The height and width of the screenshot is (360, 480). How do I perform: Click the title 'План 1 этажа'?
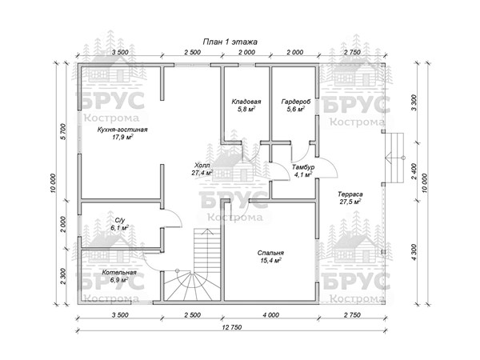[230, 42]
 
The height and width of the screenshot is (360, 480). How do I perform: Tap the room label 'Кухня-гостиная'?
[122, 130]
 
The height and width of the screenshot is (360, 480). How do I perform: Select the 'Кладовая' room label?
[246, 102]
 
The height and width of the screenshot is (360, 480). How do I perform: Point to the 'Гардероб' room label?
[296, 102]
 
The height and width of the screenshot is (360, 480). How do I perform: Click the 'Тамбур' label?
[303, 167]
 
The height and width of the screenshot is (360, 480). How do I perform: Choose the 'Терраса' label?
[350, 194]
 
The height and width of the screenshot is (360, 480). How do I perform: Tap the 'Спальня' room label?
[270, 253]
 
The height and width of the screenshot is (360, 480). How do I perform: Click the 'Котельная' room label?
[119, 273]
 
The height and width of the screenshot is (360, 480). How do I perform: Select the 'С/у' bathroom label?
[120, 221]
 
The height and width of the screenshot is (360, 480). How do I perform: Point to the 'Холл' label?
[202, 166]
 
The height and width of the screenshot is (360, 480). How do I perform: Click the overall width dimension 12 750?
[232, 327]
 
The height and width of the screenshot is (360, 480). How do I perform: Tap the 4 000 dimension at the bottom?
[271, 315]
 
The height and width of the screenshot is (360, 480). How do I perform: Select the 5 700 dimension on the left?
[63, 132]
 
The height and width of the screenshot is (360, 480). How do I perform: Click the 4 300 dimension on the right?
[414, 252]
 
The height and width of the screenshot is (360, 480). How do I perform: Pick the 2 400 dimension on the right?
[414, 171]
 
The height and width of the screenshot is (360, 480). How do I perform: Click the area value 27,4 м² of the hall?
[202, 173]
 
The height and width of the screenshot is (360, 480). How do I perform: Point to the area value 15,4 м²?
[270, 261]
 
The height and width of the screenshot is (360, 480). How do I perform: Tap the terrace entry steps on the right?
[394, 158]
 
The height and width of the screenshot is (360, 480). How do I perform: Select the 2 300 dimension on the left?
[63, 277]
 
